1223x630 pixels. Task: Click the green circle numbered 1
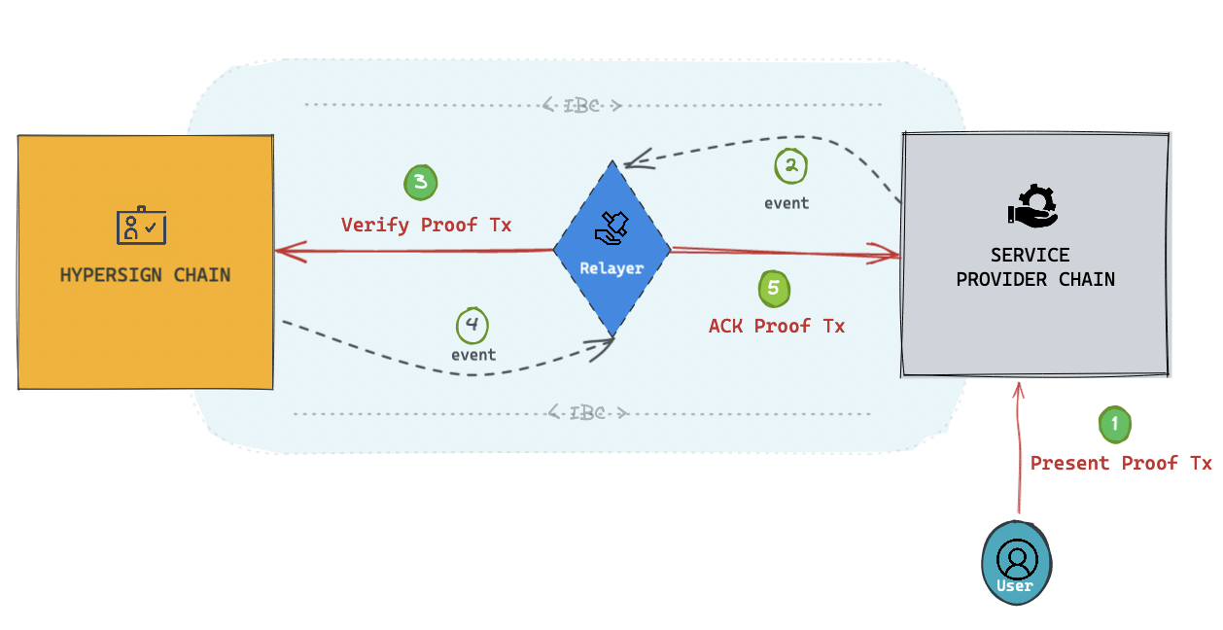click(x=1114, y=424)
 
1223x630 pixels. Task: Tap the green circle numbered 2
click(x=791, y=166)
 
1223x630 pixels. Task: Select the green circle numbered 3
click(x=420, y=182)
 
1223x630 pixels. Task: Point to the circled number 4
click(x=472, y=325)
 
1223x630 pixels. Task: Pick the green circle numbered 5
click(x=774, y=289)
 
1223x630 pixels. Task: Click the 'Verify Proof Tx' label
click(x=426, y=226)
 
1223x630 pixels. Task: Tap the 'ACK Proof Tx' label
click(x=776, y=327)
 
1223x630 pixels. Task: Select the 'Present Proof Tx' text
click(x=1120, y=464)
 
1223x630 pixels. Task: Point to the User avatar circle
click(x=1017, y=563)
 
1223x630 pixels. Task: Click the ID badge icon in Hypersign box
click(x=141, y=226)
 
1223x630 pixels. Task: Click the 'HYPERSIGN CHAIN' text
click(x=145, y=275)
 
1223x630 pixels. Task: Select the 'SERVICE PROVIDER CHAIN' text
click(x=1034, y=267)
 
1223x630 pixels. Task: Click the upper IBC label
click(x=581, y=105)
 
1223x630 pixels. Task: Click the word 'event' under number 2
click(x=786, y=203)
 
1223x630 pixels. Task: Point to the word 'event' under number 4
click(x=473, y=355)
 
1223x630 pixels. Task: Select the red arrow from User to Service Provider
click(x=1019, y=447)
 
